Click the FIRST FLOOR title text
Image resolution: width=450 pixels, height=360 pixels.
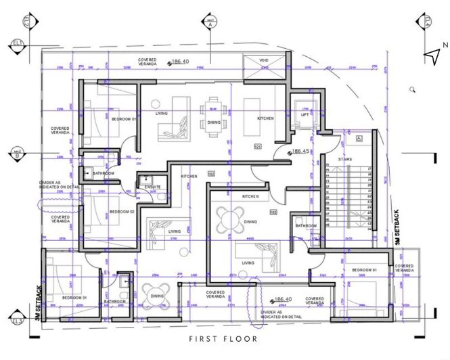223,339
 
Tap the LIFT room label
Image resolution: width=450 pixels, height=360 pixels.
305,115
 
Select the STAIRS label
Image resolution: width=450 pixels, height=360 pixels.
344,159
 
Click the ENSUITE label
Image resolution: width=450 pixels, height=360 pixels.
153,187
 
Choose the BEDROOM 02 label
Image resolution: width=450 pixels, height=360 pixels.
122,212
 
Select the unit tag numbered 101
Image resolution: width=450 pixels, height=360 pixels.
257,146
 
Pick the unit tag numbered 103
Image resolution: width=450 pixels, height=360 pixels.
273,212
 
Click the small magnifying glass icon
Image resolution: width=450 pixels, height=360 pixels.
412,89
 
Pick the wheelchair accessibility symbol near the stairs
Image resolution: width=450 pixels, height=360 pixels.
359,139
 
